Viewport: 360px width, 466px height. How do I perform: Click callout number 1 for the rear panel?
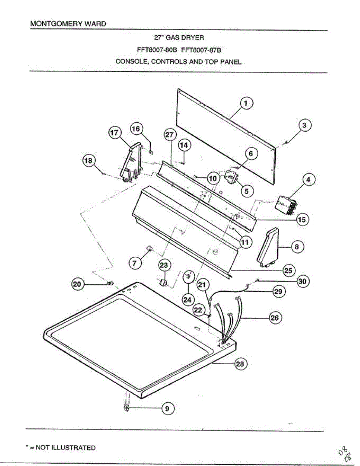(x=246, y=103)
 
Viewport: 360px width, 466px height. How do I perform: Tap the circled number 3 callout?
(x=304, y=125)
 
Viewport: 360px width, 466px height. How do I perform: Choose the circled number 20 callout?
(x=78, y=285)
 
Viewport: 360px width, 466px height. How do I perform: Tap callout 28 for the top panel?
(x=240, y=364)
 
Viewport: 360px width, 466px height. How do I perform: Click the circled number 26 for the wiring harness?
(x=275, y=318)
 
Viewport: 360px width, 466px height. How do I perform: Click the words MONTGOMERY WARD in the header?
(x=68, y=24)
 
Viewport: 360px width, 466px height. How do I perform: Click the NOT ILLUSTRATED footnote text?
(x=65, y=448)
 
